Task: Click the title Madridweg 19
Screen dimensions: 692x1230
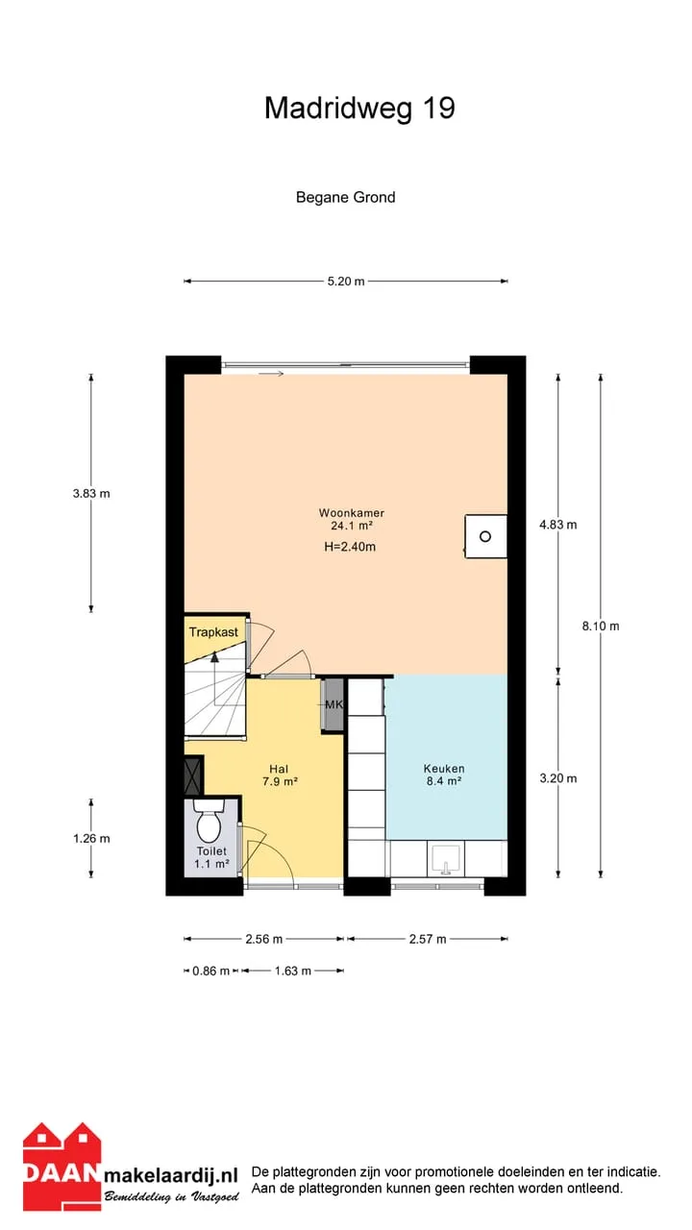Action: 359,109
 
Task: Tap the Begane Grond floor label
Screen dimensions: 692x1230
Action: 345,197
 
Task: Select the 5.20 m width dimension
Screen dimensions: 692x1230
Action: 346,282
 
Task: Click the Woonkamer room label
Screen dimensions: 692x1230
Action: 352,513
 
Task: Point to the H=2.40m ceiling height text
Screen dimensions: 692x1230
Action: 350,547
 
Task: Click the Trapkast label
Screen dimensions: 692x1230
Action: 213,632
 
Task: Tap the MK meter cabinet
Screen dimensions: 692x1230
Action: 334,704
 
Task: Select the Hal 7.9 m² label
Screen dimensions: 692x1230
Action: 280,775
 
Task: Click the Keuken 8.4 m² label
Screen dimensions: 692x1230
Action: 444,775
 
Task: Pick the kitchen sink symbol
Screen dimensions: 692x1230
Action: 446,859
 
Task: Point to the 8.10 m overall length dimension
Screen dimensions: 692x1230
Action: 601,626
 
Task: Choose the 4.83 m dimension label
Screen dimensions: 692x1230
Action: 558,525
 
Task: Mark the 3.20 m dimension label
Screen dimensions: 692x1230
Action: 558,778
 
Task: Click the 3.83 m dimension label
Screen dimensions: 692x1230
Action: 91,493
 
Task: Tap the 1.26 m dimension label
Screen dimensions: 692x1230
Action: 91,839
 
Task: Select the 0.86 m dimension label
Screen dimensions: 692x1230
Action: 210,971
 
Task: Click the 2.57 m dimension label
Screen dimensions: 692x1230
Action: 428,939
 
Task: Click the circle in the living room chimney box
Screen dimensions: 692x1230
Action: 485,536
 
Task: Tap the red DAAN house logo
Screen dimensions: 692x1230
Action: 62,1166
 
